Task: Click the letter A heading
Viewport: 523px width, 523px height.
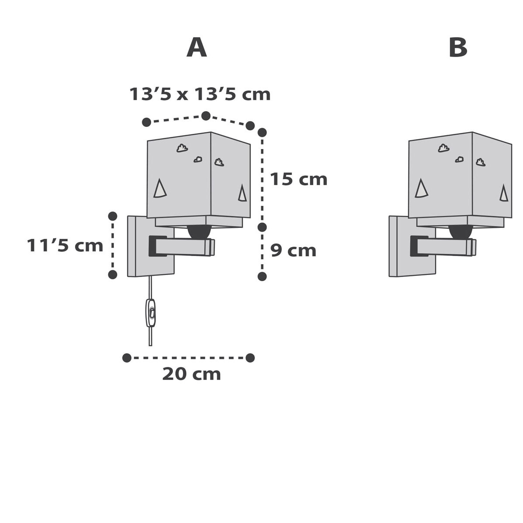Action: (x=197, y=48)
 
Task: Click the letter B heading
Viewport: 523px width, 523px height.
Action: (x=458, y=48)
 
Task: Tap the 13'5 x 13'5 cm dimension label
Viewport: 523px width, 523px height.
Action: (x=200, y=94)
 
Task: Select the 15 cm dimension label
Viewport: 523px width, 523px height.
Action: (x=299, y=179)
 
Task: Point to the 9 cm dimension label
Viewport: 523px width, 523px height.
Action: (x=293, y=251)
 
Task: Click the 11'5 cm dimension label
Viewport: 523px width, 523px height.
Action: (x=65, y=245)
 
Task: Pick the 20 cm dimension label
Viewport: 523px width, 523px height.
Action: (x=192, y=374)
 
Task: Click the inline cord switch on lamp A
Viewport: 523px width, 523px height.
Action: (x=151, y=313)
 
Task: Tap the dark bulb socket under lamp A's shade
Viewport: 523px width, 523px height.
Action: (x=199, y=232)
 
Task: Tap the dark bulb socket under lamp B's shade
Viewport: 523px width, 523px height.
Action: (x=460, y=232)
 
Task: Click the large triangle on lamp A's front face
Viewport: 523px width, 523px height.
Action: (x=160, y=188)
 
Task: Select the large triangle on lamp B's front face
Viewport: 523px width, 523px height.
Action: (x=421, y=188)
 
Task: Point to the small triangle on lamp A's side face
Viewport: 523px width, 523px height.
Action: (x=242, y=193)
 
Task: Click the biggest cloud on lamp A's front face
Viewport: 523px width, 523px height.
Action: (x=182, y=148)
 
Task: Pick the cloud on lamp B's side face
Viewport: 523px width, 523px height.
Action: (x=480, y=163)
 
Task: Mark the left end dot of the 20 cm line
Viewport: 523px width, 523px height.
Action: (x=127, y=358)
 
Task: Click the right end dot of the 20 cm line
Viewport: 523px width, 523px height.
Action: (x=250, y=358)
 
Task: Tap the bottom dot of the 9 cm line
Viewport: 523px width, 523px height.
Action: (x=262, y=276)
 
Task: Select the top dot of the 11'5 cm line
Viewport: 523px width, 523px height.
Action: (x=112, y=216)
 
